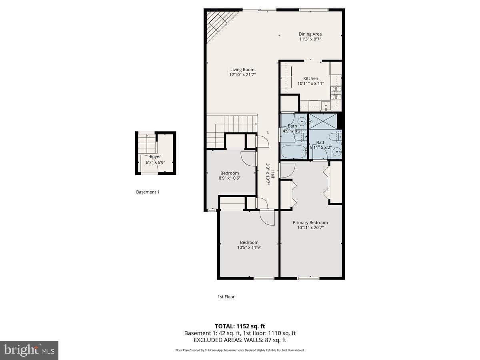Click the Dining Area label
(310, 34)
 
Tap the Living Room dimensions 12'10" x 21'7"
(242, 75)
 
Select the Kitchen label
(310, 78)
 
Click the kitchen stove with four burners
(336, 93)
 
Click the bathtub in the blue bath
(294, 152)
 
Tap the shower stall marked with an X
(323, 121)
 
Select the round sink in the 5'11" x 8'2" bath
(337, 151)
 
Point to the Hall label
(273, 174)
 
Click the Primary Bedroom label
(310, 222)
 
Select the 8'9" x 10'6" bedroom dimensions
(230, 178)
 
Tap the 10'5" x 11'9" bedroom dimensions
(249, 248)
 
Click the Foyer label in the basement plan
(155, 157)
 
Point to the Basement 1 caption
(148, 192)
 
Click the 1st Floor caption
(226, 297)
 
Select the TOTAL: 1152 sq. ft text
(240, 326)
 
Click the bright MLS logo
(29, 350)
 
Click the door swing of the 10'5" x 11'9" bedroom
(267, 218)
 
